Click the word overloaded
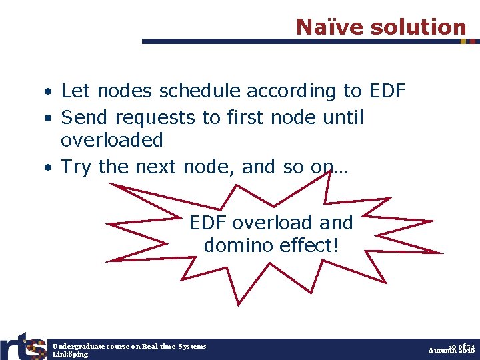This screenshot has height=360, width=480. pyautogui.click(x=112, y=140)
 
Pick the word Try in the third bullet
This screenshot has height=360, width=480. pyautogui.click(x=76, y=167)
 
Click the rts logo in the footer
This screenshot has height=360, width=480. pyautogui.click(x=23, y=347)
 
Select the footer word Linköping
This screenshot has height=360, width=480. pyautogui.click(x=70, y=354)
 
